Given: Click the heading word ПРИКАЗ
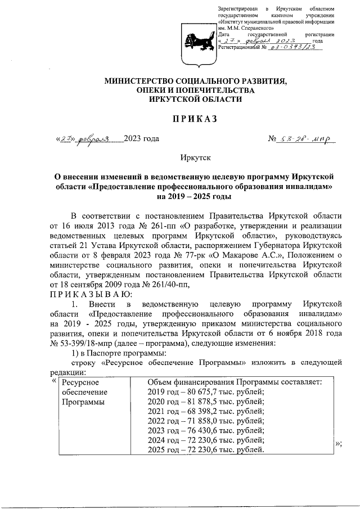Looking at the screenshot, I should click(x=180, y=118).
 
